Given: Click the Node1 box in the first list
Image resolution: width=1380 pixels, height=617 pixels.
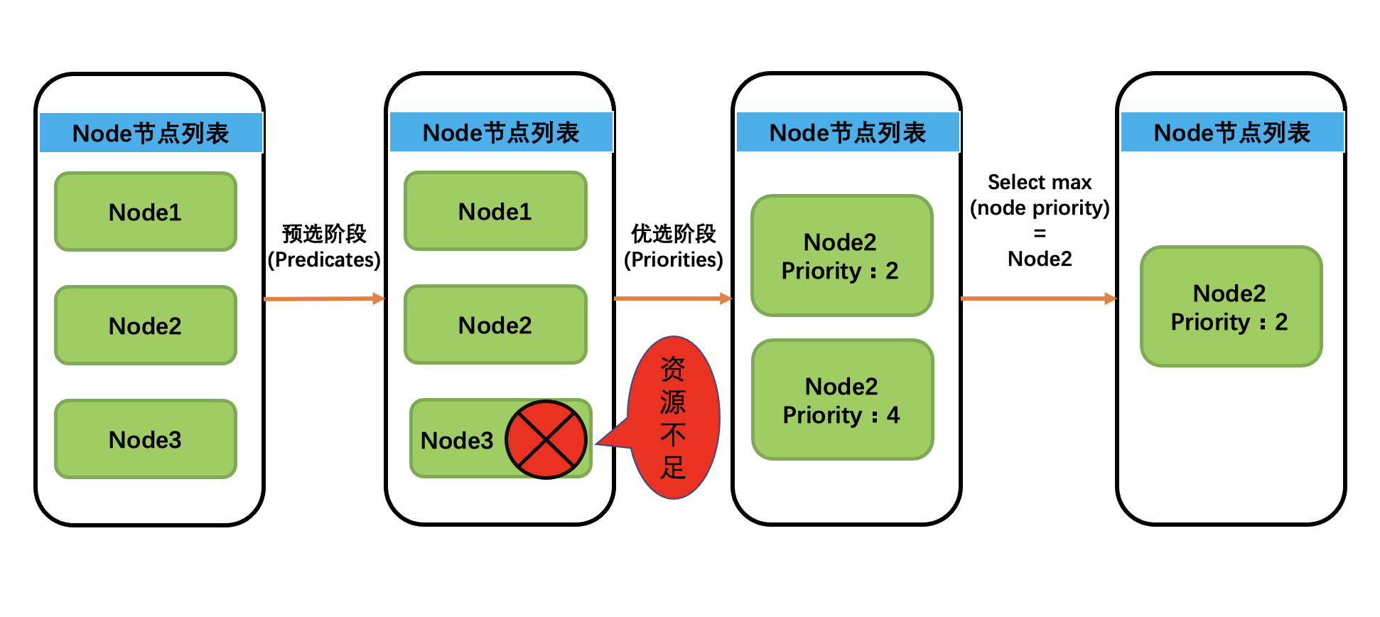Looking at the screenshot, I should (x=146, y=212).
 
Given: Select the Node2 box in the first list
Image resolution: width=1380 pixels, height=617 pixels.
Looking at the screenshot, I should (x=146, y=326).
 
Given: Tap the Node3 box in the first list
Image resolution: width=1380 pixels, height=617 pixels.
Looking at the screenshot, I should (x=146, y=439).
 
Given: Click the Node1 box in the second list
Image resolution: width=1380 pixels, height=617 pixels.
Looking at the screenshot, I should (x=495, y=211).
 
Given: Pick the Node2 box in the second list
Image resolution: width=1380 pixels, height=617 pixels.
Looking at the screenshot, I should (x=495, y=325).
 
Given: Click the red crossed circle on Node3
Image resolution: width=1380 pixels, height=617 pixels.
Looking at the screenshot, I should (x=546, y=439).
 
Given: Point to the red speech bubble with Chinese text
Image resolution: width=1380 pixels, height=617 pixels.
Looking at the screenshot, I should (x=674, y=418).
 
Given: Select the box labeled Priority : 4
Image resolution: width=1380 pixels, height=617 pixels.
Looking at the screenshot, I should (x=842, y=400).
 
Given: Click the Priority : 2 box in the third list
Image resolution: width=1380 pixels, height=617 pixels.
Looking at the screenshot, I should (x=841, y=256).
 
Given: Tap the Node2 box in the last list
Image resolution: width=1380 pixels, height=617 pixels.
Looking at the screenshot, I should (x=1231, y=307).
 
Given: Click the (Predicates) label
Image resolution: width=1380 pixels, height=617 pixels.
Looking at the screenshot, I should (x=324, y=259).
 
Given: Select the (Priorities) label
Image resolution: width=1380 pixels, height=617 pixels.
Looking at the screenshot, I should (x=674, y=259).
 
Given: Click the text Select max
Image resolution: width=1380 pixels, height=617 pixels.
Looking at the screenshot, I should (x=1040, y=183).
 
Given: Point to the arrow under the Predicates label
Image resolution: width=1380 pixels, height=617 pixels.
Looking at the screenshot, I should (x=324, y=299).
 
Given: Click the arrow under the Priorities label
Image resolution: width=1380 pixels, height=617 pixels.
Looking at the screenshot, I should (x=672, y=299).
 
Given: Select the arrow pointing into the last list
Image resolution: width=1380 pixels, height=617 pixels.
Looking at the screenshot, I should (x=1038, y=299).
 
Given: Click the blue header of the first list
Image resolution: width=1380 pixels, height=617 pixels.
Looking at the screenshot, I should (x=151, y=133).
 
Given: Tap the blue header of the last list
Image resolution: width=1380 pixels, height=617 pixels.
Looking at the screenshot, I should (x=1231, y=132).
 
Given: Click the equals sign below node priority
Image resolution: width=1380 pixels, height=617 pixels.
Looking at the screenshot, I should (x=1040, y=233).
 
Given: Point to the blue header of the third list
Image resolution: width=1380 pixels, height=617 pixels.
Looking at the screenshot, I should (x=848, y=132).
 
